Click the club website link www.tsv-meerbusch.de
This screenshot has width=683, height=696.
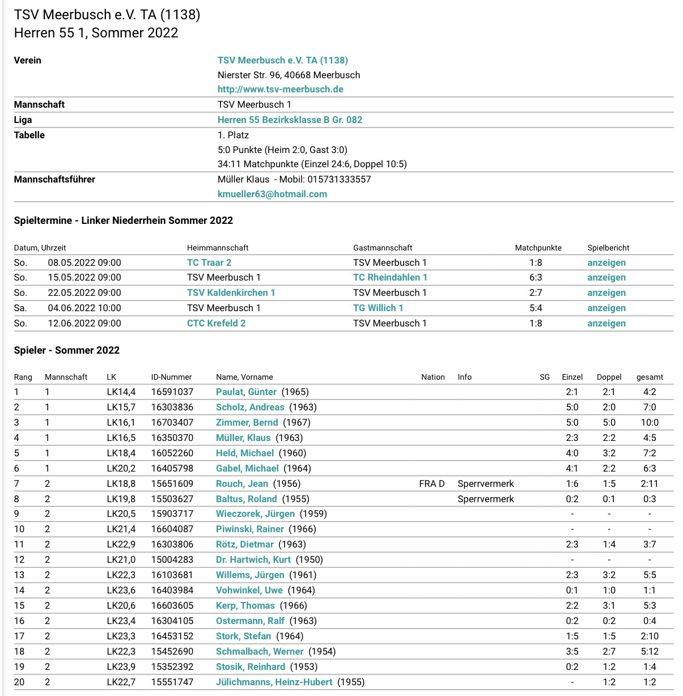[280, 89]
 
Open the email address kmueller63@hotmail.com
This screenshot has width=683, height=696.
[272, 194]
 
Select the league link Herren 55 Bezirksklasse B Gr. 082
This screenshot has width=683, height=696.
[290, 120]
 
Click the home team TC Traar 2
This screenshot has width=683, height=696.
[209, 262]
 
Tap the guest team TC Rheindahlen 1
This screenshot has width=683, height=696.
[390, 277]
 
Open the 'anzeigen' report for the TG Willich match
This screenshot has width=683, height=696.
[606, 308]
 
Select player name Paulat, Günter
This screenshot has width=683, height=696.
[246, 392]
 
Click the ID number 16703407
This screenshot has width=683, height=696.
[172, 422]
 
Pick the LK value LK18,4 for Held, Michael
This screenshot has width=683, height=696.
[121, 453]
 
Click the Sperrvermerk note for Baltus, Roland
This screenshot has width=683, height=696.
[486, 499]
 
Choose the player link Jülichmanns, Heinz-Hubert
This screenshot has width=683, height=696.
[274, 682]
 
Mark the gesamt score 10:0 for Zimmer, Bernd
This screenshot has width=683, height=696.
[650, 422]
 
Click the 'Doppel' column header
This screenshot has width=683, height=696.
[609, 377]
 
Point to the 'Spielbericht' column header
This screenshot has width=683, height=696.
[608, 248]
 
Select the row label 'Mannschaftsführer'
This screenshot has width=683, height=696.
[54, 179]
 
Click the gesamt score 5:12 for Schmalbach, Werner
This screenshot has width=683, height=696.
[650, 651]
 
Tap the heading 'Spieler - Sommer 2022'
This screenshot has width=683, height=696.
[67, 350]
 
